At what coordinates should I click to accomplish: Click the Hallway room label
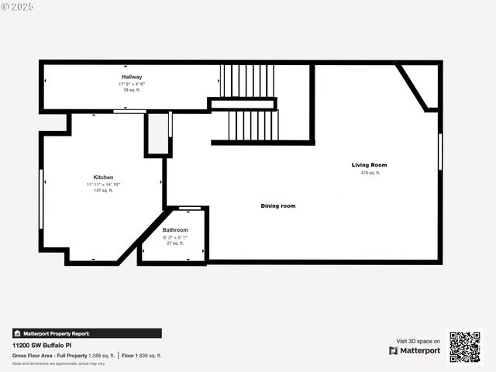click(132, 77)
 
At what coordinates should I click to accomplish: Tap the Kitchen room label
click(103, 177)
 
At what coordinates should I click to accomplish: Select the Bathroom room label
click(175, 230)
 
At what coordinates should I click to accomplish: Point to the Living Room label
click(369, 165)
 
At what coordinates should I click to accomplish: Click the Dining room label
click(278, 206)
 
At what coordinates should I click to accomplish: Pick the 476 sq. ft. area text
click(369, 173)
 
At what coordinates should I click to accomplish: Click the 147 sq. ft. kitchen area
click(103, 191)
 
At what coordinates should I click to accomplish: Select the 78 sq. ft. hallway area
click(132, 90)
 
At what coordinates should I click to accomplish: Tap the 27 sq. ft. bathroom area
click(175, 243)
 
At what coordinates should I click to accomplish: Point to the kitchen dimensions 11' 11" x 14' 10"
click(103, 184)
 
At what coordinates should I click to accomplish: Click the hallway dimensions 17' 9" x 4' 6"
click(132, 84)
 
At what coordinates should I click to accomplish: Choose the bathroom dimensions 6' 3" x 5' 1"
click(175, 237)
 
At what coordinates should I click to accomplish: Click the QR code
click(465, 346)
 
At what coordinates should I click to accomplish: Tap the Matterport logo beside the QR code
click(415, 350)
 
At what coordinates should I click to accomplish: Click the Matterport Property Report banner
click(87, 333)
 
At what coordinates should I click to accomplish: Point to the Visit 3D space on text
click(418, 341)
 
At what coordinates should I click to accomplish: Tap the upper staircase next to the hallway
click(247, 80)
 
